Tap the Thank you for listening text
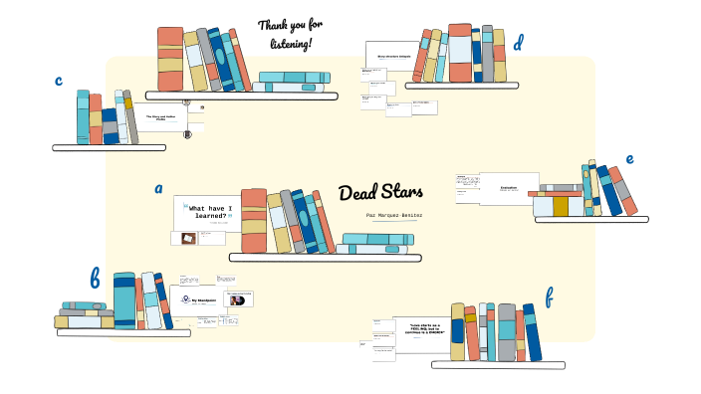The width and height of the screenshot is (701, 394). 290,35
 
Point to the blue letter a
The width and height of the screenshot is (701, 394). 158,188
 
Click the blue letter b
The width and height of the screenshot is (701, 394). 95,279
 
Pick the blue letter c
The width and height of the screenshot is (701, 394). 60,82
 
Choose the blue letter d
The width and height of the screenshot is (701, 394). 518,43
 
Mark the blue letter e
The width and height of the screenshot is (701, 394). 629,158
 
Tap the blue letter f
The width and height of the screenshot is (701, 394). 549,296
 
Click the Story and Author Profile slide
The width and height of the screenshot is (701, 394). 161,118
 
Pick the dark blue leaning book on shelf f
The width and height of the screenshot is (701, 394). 533,333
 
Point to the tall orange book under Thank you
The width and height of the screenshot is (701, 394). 170,59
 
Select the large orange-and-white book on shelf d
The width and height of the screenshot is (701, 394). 459,53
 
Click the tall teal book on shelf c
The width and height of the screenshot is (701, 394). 83,117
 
